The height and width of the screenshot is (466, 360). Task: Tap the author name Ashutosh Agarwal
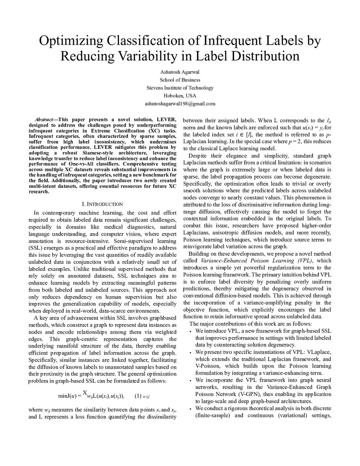pyautogui.click(x=180, y=72)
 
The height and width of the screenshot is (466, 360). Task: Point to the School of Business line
pyautogui.click(x=180, y=80)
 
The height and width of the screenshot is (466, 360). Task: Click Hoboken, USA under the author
pyautogui.click(x=180, y=96)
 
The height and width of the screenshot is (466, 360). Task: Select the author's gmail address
pyautogui.click(x=180, y=104)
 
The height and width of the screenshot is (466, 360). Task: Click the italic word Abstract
pyautogui.click(x=44, y=120)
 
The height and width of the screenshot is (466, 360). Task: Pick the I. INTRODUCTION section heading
pyautogui.click(x=102, y=204)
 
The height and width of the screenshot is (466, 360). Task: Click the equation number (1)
pyautogui.click(x=138, y=396)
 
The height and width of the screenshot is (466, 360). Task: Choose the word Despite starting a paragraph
pyautogui.click(x=199, y=156)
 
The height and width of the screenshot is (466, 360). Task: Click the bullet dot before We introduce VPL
pyautogui.click(x=191, y=331)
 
